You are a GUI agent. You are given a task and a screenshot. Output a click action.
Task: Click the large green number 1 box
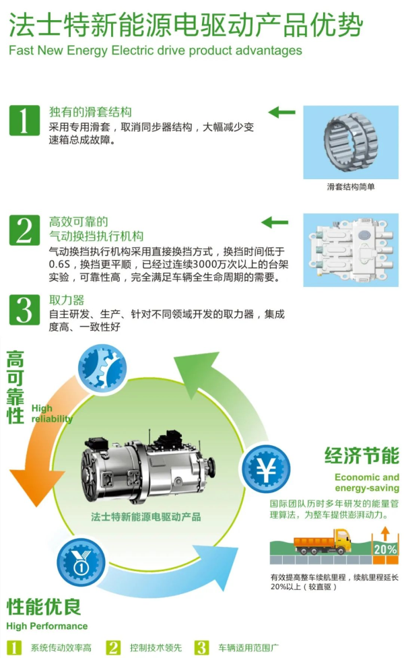tap(24, 121)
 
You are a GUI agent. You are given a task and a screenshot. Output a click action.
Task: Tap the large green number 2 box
tap(24, 230)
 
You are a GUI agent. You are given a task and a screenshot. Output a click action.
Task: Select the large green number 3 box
tap(24, 310)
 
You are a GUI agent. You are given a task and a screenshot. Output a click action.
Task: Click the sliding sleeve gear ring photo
tap(351, 142)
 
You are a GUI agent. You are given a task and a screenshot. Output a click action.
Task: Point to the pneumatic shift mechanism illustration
tap(351, 250)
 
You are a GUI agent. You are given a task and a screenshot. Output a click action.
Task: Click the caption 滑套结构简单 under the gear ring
tap(351, 187)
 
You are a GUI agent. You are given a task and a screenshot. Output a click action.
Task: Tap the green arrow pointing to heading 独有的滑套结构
tap(281, 112)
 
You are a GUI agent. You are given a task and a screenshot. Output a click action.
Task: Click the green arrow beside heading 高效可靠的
tap(275, 222)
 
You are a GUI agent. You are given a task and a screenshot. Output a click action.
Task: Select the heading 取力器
tap(67, 300)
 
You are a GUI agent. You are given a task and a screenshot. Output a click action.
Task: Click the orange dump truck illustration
tap(323, 542)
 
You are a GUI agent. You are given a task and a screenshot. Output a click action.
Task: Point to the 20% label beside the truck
tap(385, 550)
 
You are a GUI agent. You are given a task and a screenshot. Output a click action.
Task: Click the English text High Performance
tap(47, 626)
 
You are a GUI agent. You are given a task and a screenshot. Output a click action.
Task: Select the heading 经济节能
tap(362, 456)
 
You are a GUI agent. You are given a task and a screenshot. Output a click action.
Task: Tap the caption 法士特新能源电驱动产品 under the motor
tap(145, 517)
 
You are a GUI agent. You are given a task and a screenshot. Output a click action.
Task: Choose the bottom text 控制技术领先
tap(156, 648)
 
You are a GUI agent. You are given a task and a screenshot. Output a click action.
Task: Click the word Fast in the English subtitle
tap(21, 51)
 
